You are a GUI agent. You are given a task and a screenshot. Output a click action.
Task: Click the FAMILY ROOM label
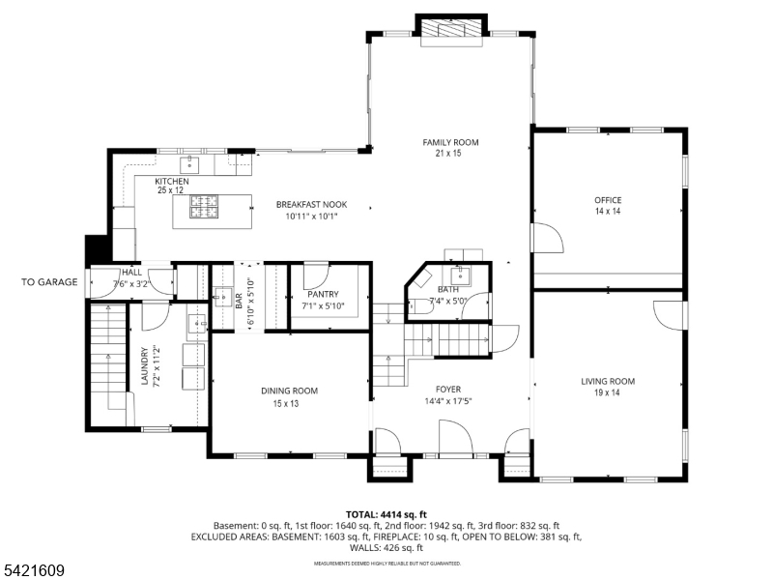(450, 142)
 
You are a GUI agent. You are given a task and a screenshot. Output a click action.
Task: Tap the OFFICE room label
(608, 200)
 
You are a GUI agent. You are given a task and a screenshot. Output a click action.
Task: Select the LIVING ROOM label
(608, 381)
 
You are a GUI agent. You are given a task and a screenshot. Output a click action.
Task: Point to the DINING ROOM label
(289, 391)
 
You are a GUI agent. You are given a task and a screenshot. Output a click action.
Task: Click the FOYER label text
(448, 391)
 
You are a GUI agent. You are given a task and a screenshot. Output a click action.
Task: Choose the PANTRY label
(322, 294)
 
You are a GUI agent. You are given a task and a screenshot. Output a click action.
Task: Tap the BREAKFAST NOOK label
(311, 204)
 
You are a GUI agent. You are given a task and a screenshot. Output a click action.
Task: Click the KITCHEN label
(172, 181)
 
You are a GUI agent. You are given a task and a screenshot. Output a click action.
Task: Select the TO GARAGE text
(49, 282)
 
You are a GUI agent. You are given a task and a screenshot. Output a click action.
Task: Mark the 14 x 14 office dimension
(608, 211)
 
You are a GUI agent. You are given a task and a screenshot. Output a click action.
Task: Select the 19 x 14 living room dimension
(608, 392)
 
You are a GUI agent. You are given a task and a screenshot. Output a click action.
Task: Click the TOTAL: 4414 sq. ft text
(386, 514)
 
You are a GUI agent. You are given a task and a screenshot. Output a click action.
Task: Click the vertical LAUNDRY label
(144, 367)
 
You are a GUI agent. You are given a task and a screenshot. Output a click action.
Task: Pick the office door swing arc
(549, 238)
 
